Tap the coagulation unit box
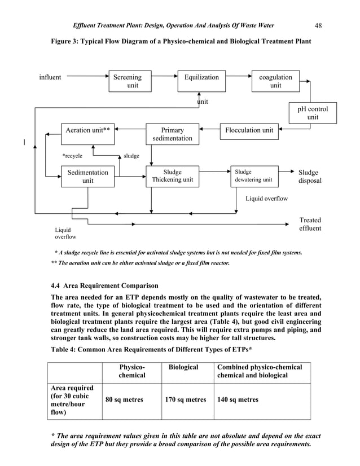point(275,81)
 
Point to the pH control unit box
point(313,113)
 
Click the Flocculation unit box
point(249,130)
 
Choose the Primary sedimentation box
point(172,134)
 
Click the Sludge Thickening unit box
point(172,176)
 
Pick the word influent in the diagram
point(50,77)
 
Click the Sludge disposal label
point(310,177)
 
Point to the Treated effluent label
point(310,224)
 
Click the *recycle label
point(72,155)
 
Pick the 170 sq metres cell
point(186,400)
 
